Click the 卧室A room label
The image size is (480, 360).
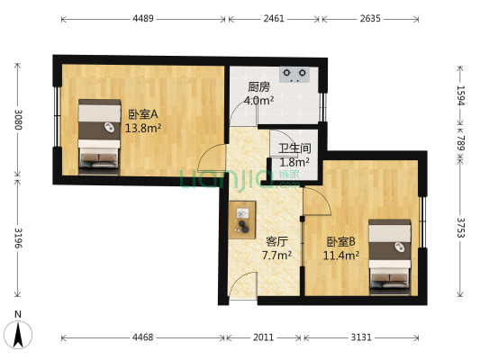point(143,114)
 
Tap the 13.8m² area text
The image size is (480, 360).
point(143,128)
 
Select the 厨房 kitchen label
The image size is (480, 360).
point(259,88)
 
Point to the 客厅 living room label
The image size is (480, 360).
point(276,242)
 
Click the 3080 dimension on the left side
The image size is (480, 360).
point(14,120)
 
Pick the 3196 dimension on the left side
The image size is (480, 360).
point(14,240)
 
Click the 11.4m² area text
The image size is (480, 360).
point(342,256)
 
